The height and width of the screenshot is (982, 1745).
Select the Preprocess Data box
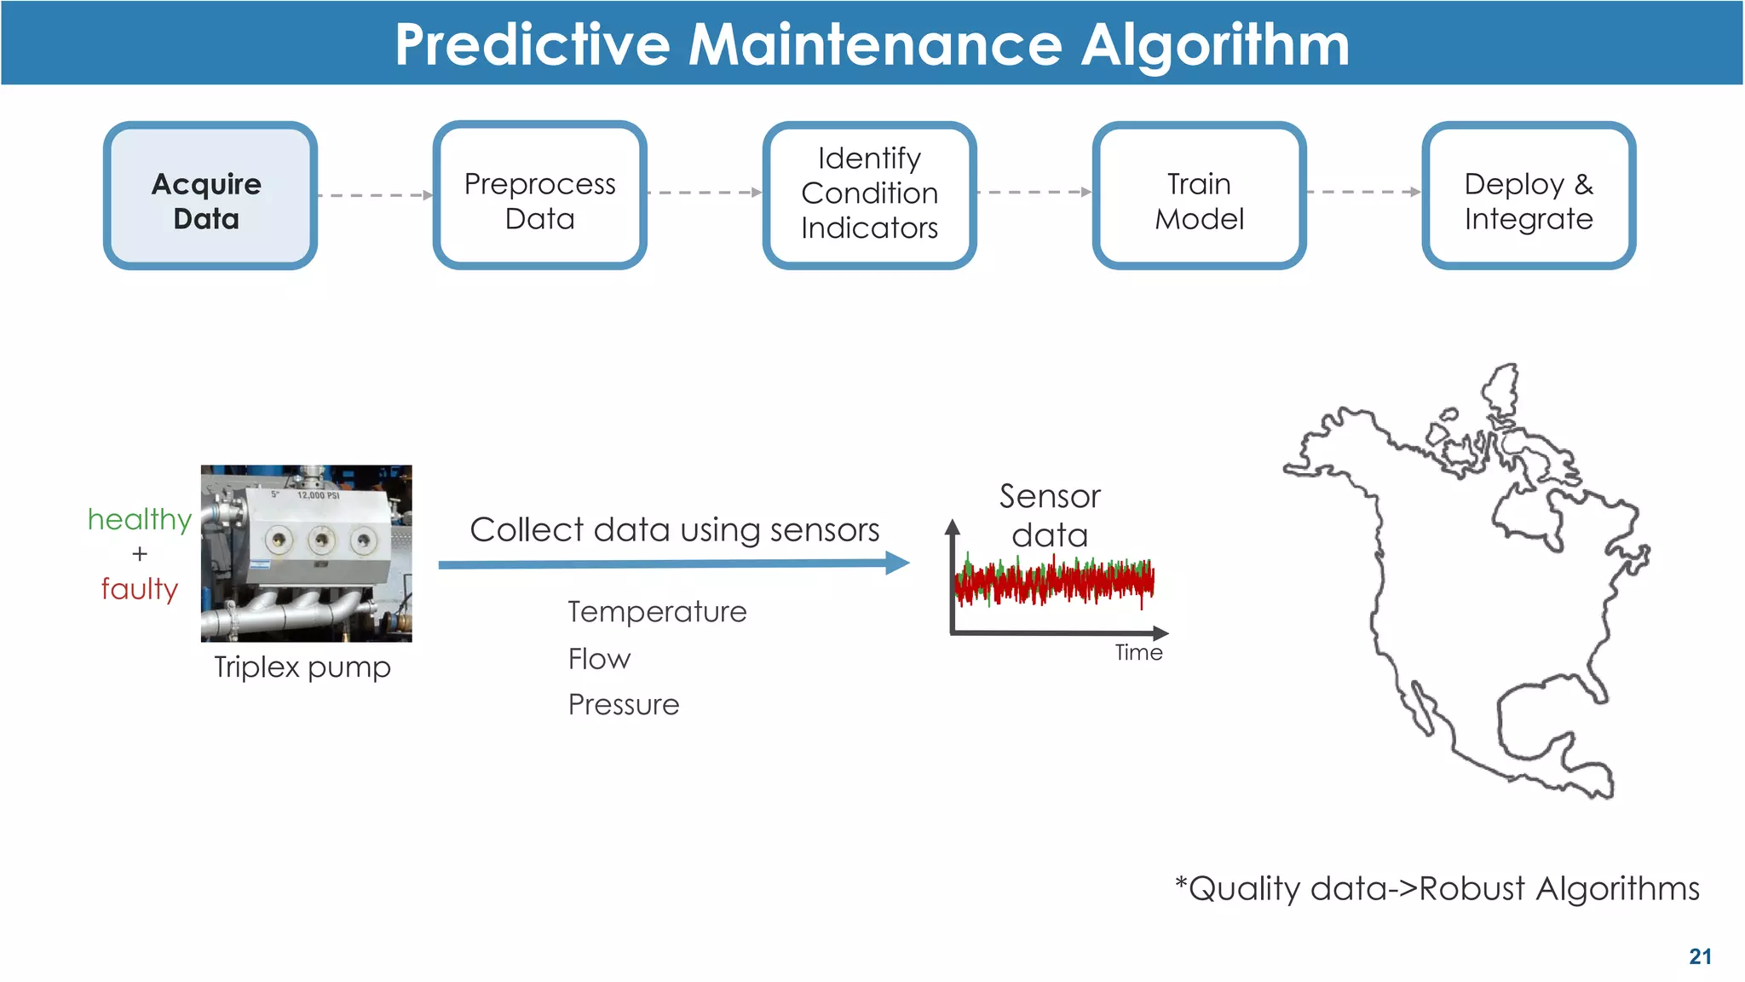(539, 195)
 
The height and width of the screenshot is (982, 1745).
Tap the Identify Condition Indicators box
(869, 195)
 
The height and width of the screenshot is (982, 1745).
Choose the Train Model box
(1199, 195)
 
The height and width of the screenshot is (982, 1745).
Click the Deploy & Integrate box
(1529, 195)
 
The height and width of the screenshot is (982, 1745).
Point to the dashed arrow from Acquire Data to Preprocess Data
(375, 195)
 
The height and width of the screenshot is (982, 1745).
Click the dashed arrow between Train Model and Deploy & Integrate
(1363, 193)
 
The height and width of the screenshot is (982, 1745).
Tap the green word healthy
(140, 519)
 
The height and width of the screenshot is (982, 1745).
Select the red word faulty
(140, 589)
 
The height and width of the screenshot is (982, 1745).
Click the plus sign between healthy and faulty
(140, 554)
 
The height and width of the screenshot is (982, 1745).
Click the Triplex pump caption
(302, 667)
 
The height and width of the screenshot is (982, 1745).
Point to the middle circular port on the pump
(321, 539)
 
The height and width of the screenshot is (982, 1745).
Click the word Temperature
(657, 612)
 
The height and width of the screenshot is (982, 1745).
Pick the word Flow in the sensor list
(599, 659)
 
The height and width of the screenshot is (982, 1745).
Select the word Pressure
(624, 705)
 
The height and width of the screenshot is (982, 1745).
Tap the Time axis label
(1138, 653)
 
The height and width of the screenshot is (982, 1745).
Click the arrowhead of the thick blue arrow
(897, 563)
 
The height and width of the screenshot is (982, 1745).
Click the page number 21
(1700, 956)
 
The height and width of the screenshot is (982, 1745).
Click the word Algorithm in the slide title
(1215, 44)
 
